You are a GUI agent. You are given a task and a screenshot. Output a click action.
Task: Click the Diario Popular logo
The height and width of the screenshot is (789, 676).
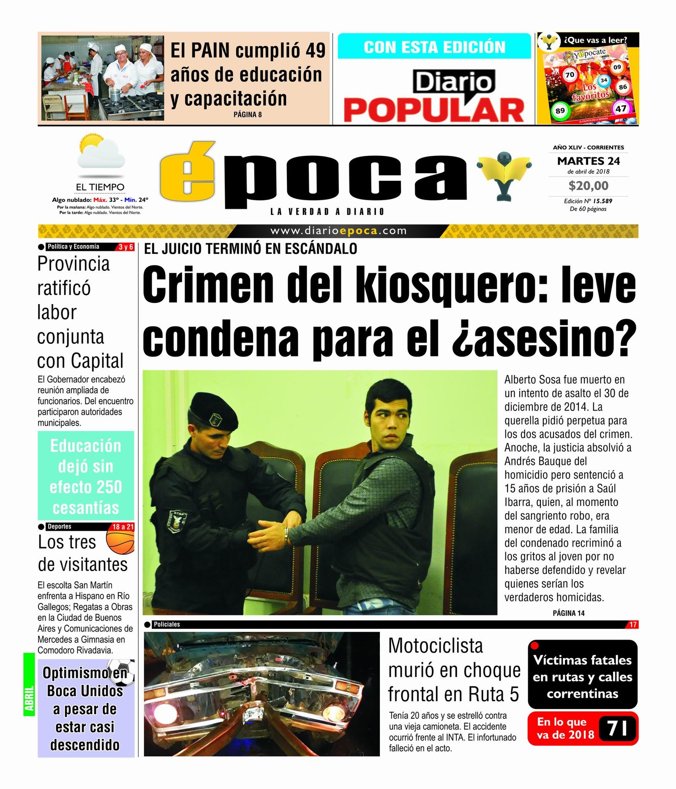434,96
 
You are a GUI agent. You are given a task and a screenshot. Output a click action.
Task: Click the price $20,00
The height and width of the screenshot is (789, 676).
588,186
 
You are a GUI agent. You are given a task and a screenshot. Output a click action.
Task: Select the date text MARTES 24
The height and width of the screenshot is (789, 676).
588,161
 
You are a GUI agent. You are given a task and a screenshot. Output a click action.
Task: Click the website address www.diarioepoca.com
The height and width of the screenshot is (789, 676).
338,231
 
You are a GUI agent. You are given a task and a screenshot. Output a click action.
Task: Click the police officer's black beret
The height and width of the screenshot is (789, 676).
213,411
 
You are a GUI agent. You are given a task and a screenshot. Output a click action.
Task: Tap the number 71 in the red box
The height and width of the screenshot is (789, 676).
617,729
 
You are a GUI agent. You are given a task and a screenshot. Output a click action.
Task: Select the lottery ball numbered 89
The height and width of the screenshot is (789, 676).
560,111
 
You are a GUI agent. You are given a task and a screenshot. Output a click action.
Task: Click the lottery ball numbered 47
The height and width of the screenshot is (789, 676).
620,109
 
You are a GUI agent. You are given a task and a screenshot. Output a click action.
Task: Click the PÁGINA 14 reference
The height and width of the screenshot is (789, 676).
568,613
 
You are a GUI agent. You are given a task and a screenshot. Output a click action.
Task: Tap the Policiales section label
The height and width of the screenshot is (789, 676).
166,624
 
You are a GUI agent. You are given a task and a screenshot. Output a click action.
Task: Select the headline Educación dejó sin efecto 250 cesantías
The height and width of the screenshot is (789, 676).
86,476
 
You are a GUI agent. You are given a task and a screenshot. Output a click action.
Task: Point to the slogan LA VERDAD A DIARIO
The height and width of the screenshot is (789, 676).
327,212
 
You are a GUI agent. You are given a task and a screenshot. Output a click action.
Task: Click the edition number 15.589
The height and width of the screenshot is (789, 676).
602,201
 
